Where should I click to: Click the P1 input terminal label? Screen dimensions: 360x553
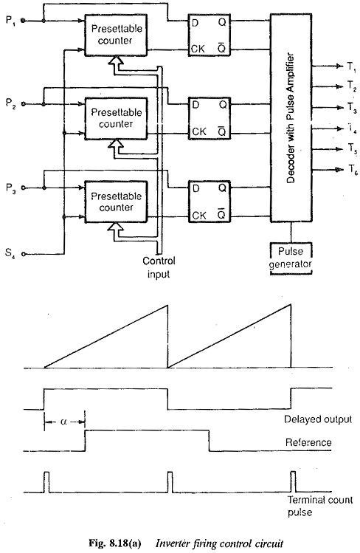point(10,21)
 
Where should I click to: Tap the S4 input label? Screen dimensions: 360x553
point(10,253)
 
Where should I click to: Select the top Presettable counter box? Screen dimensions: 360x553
point(116,35)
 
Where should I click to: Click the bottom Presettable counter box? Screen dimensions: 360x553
point(116,202)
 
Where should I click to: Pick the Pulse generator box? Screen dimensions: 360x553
point(291,258)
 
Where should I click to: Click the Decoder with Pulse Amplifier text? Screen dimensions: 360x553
point(290,118)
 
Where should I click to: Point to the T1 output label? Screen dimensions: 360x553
point(352,66)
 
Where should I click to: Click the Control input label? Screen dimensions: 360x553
point(159,268)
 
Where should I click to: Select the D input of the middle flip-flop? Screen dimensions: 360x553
point(195,105)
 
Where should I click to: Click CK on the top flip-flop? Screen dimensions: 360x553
point(198,49)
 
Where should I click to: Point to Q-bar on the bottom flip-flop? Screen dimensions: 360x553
point(221,214)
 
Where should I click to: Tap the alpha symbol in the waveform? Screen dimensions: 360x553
point(63,422)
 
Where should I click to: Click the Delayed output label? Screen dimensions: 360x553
point(318,419)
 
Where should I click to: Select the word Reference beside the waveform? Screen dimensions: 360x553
point(308,442)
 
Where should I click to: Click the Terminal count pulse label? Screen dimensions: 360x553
point(320,506)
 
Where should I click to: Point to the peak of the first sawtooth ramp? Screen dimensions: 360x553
point(167,305)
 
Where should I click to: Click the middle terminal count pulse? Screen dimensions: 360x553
point(170,482)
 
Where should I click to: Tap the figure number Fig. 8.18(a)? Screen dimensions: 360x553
point(115,543)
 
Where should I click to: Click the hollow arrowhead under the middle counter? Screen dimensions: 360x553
point(116,144)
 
